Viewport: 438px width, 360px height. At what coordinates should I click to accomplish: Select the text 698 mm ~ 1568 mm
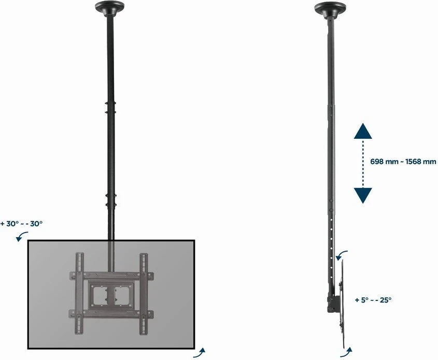click(403, 162)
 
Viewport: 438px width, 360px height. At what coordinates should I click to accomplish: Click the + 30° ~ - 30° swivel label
click(22, 224)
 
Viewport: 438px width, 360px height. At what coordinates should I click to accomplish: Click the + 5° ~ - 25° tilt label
click(373, 299)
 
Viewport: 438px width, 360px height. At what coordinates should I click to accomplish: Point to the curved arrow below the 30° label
click(22, 237)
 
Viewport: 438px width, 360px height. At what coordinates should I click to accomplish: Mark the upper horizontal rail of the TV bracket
click(110, 275)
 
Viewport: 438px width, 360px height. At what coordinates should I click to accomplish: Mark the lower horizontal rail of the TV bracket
click(110, 313)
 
